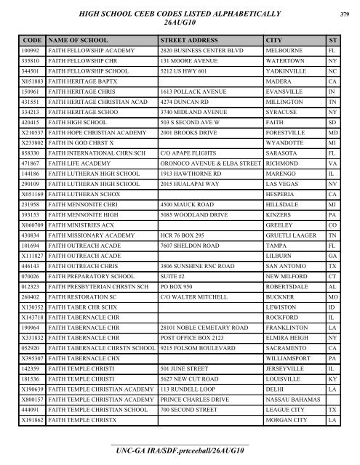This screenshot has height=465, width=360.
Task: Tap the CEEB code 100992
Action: pos(31,52)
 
